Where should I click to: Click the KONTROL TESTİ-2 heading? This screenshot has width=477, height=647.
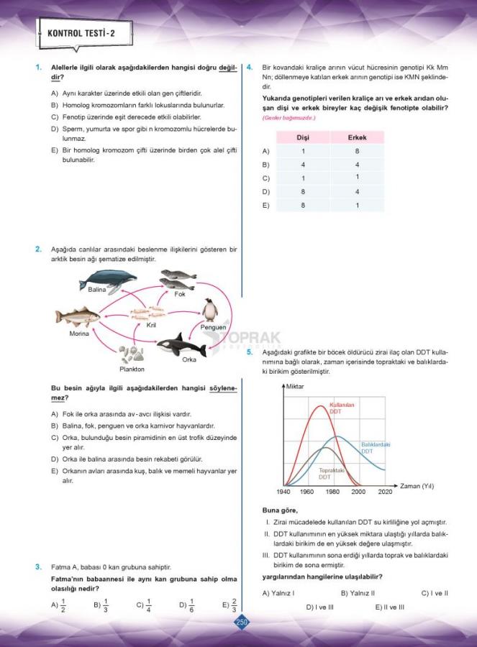81,33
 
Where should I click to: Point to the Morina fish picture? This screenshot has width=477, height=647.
78,317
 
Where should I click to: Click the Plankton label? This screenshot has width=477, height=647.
132,369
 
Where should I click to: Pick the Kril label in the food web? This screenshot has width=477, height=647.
151,325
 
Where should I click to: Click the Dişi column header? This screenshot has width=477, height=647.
303,137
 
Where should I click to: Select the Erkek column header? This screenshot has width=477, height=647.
357,137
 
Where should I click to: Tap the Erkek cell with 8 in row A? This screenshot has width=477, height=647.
357,151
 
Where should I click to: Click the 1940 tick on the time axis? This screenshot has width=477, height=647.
283,492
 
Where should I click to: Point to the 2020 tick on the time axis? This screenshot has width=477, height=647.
385,492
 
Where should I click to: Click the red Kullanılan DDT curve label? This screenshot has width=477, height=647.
342,408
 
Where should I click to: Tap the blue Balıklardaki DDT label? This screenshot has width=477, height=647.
375,447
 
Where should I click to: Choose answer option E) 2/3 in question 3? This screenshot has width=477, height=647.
230,605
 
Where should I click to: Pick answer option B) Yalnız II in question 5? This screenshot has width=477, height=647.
358,593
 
